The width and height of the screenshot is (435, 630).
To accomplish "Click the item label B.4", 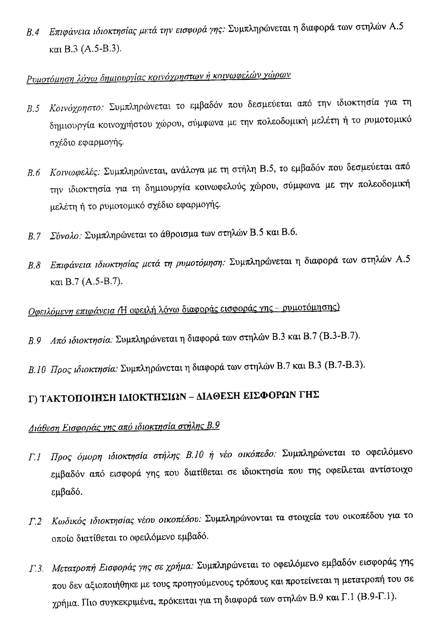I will pos(33,32).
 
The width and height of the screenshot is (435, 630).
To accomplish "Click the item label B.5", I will pos(33,109).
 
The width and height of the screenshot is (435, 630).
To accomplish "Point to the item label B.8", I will pos(34,265).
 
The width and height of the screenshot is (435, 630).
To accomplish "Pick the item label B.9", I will pos(35,341).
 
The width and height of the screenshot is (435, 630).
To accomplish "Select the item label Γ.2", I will pos(35,522).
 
